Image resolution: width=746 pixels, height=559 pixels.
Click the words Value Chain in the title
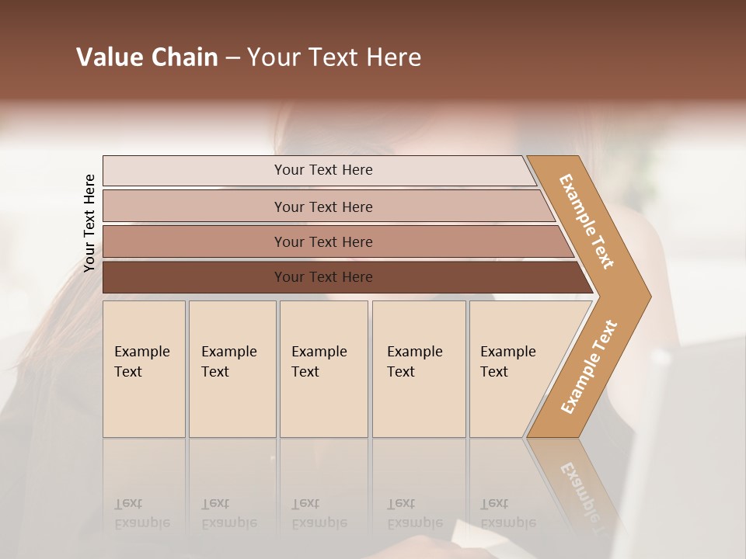tap(147, 57)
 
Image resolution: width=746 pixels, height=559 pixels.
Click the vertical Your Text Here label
tap(89, 223)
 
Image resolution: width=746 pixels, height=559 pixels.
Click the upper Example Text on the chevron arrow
tap(587, 221)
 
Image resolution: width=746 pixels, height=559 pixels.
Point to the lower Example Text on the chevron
tap(589, 366)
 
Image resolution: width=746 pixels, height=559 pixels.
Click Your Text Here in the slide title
tap(334, 57)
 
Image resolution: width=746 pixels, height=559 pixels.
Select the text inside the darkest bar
tap(323, 277)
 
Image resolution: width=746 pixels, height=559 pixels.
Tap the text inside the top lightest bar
tap(323, 170)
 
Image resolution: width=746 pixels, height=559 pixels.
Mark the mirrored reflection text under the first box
tap(141, 514)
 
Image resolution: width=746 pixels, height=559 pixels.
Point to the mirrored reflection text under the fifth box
tap(507, 514)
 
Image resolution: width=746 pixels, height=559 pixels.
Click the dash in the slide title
tap(232, 57)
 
